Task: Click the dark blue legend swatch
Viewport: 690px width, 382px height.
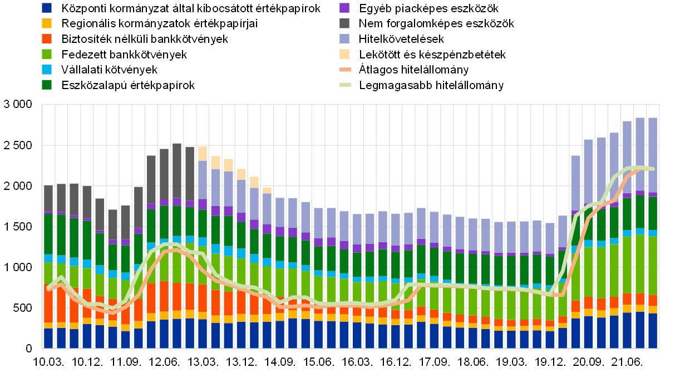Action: (x=47, y=8)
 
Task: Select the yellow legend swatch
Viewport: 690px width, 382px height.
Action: (x=47, y=23)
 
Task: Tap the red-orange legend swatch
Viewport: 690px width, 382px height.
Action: (x=47, y=38)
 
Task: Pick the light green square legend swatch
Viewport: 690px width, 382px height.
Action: (x=47, y=54)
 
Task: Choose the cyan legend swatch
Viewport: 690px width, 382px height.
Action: (x=47, y=70)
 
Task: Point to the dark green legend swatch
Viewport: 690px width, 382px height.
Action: (x=47, y=85)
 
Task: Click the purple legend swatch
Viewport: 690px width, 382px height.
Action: (x=344, y=8)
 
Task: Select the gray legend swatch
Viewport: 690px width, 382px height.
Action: (x=344, y=23)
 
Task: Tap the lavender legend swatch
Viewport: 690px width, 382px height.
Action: (x=344, y=38)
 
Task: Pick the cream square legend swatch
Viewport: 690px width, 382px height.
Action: (x=344, y=54)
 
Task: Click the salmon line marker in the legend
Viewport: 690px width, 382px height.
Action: (x=346, y=70)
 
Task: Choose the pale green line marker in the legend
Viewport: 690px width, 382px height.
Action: (x=346, y=85)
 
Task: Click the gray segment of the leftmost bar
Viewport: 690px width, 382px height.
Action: (x=48, y=198)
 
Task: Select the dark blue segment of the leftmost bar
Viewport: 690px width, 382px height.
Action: (x=48, y=338)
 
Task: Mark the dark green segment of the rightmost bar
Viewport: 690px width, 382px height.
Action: (x=653, y=213)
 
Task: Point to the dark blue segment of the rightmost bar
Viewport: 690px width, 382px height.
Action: (x=653, y=331)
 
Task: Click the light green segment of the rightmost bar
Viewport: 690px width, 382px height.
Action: (x=653, y=265)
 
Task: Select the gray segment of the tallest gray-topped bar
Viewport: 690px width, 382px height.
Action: (x=177, y=170)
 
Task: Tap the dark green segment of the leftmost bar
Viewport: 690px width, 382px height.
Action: (x=48, y=234)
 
